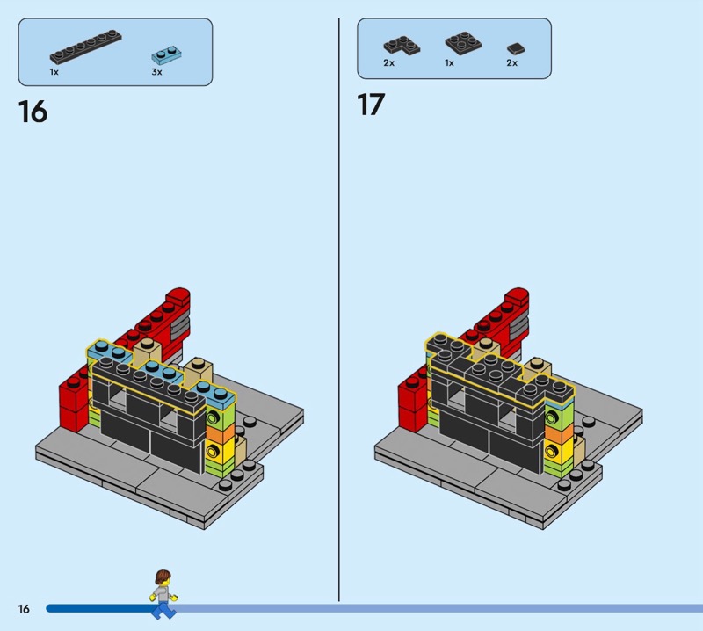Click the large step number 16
pos(33,112)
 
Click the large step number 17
pos(371,105)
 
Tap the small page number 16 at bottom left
pos(24,608)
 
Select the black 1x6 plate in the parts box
pos(85,47)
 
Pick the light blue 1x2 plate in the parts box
pos(167,55)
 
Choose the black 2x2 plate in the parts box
pos(463,43)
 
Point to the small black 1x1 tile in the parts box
pos(516,49)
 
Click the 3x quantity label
pos(156,72)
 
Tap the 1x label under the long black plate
pos(54,72)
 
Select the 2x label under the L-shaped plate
pos(388,62)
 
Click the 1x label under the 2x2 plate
pos(449,62)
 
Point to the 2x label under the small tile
pos(512,62)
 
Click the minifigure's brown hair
pos(163,577)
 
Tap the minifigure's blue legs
pos(163,610)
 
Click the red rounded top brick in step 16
pos(178,298)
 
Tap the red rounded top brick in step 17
pos(517,298)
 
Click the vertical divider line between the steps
pos(339,309)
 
